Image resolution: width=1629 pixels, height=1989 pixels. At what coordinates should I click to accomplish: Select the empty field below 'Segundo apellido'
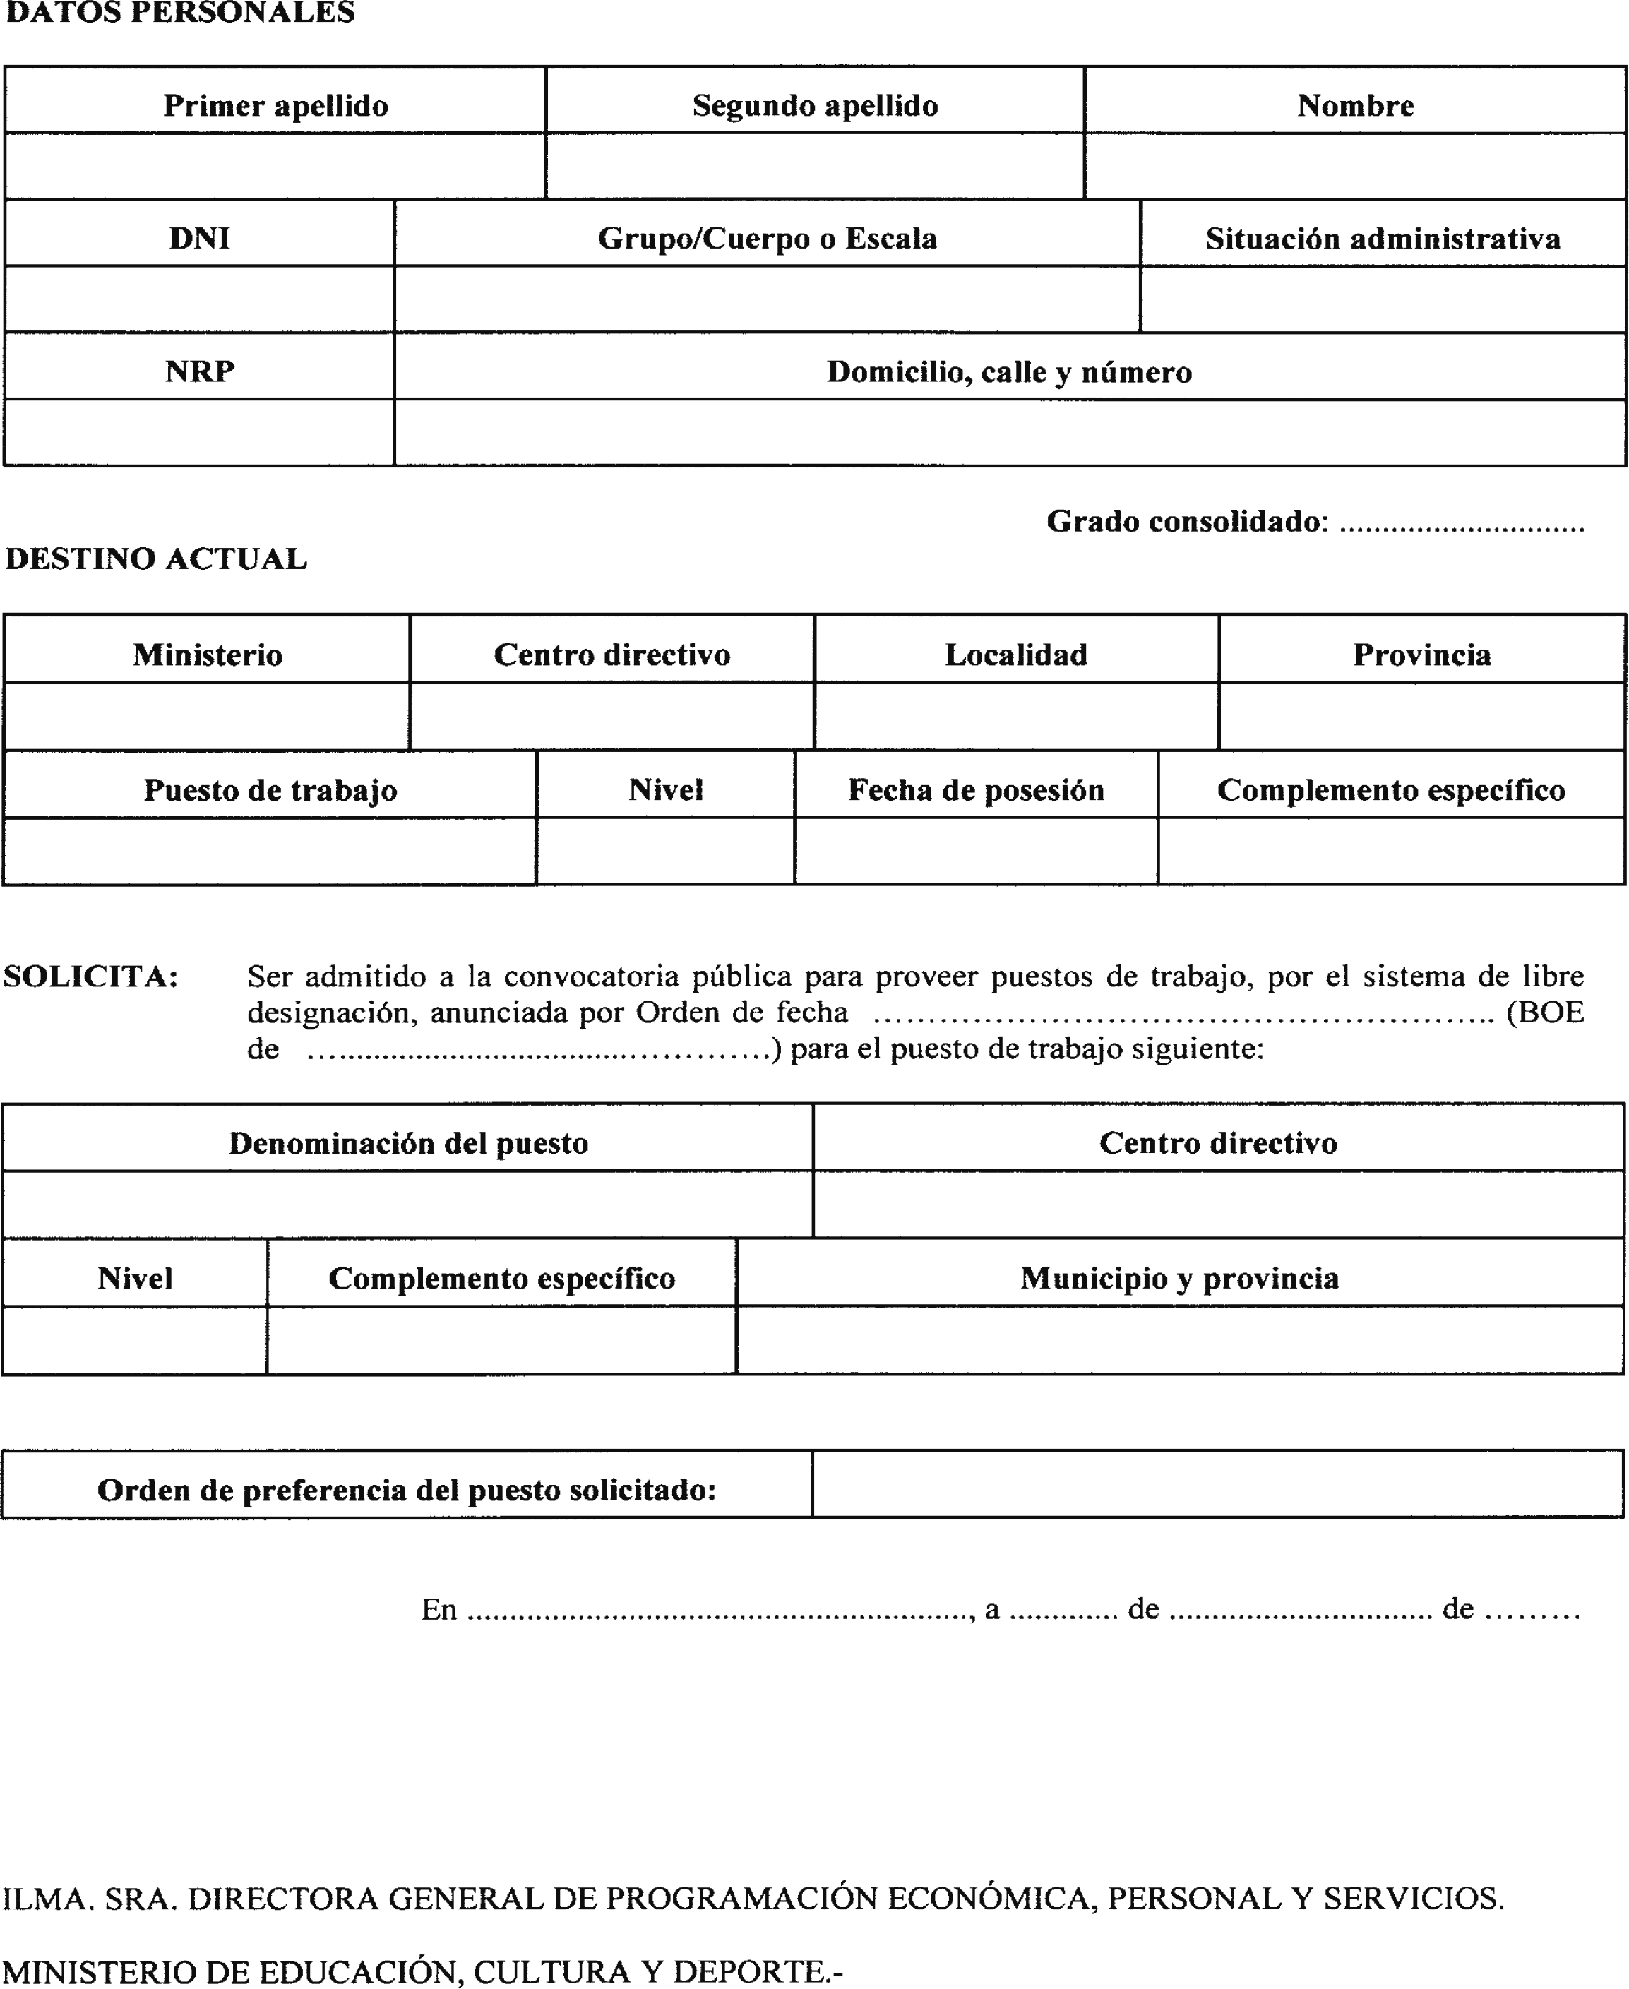(x=815, y=166)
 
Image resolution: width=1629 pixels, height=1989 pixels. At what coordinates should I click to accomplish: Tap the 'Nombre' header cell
(x=1355, y=105)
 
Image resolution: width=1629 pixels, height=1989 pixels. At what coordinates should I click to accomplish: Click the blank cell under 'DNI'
(x=199, y=299)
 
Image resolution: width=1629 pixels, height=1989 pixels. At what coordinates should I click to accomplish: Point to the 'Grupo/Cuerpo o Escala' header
(x=767, y=239)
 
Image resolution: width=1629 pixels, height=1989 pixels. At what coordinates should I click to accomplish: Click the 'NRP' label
(x=199, y=371)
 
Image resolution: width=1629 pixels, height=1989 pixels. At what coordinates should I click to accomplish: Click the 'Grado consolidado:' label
(x=1187, y=522)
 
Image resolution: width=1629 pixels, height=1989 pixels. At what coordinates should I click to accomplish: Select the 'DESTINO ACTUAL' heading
(x=156, y=559)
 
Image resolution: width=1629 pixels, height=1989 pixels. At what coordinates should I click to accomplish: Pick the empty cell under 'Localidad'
(x=1015, y=717)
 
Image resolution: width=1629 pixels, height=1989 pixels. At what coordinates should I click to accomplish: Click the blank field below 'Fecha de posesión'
(x=976, y=851)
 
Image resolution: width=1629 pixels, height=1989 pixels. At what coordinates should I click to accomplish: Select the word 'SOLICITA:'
(x=90, y=976)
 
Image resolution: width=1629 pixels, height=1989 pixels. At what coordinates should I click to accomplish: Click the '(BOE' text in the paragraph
(x=1544, y=1013)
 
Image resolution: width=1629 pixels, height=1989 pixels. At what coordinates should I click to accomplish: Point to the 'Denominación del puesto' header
(x=408, y=1142)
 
